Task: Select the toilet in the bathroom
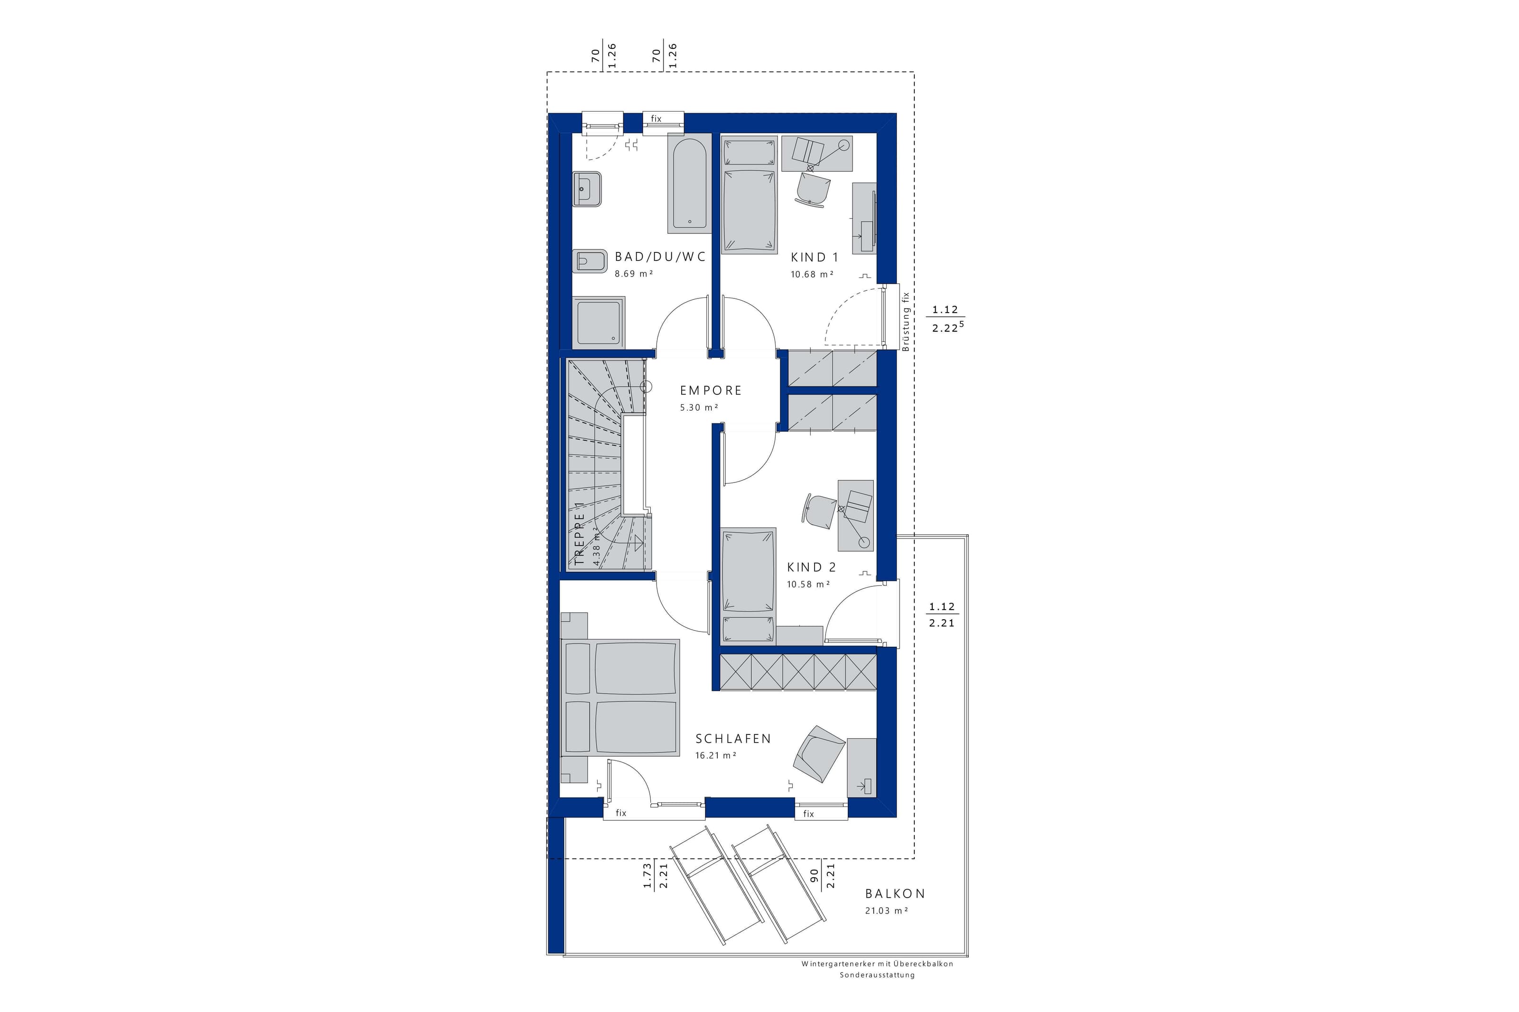coord(138,261)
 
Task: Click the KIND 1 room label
coord(814,257)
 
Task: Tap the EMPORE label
coord(711,390)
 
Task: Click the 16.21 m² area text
coord(716,755)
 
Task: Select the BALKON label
coord(895,894)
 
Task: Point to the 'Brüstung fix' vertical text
coord(906,321)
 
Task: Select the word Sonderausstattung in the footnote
coord(877,975)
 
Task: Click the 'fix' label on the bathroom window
coord(656,119)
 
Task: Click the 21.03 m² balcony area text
coord(886,910)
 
